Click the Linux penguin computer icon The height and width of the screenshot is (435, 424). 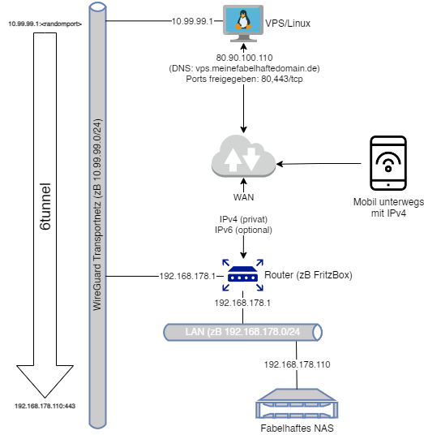point(243,24)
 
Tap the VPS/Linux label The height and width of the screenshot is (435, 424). point(288,24)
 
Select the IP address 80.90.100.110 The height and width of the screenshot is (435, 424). point(244,58)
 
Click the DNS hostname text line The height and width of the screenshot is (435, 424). point(244,68)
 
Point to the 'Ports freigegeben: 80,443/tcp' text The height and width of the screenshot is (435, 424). point(244,79)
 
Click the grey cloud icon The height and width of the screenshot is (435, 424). point(243,156)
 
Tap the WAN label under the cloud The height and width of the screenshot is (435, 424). point(243,197)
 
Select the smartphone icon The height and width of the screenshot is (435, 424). point(388,163)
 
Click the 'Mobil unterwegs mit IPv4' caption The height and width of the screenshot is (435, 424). point(388,208)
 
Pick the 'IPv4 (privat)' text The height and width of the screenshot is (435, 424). point(243,219)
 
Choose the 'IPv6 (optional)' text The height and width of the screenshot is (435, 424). point(243,230)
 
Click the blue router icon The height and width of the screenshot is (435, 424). point(242,275)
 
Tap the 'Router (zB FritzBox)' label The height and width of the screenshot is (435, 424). point(308,275)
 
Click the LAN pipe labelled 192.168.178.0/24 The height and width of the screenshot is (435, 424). point(242,332)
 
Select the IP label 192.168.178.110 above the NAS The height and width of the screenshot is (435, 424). point(297,364)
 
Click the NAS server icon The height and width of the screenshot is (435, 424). point(297,403)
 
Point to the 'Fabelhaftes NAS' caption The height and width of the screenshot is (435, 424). point(297,428)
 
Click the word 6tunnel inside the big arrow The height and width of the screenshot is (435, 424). point(45,206)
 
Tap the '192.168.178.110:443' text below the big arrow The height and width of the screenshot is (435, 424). point(45,406)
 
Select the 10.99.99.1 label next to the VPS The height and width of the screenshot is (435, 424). point(192,21)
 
